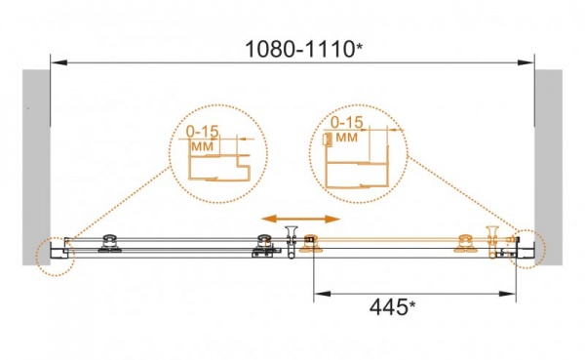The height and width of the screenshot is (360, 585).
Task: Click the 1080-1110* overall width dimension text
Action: pos(303,49)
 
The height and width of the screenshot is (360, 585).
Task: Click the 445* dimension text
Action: pos(392,307)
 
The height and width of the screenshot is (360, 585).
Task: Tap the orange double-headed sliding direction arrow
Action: pos(300,219)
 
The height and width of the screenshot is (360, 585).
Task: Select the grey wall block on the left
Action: pos(36,167)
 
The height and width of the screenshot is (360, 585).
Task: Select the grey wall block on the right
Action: pos(548,167)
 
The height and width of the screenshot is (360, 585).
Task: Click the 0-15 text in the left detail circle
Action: pos(202,132)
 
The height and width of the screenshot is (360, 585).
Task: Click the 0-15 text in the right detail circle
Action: pos(346,122)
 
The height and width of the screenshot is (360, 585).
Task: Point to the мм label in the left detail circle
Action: pos(203,146)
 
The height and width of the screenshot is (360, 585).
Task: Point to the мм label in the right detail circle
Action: pos(346,138)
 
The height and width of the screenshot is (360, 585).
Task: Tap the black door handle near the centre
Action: pos(291,241)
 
